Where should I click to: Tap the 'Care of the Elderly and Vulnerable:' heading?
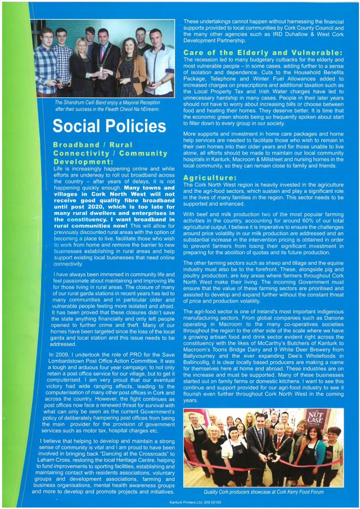click(x=263, y=53)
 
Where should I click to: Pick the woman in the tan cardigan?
click(x=127, y=67)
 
